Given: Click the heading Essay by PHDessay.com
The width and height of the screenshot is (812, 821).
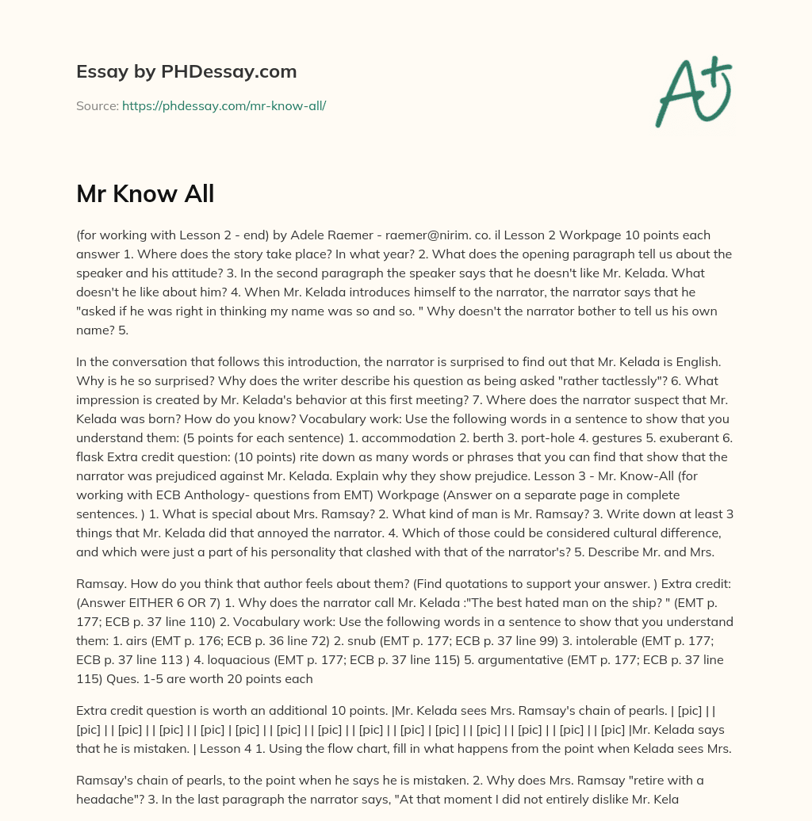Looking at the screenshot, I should click(x=186, y=72).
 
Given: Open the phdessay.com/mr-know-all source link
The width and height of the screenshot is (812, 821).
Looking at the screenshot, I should click(x=224, y=105).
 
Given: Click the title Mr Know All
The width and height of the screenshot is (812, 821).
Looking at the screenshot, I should click(x=145, y=194).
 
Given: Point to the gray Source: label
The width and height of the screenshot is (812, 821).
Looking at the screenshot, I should click(x=97, y=105).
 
